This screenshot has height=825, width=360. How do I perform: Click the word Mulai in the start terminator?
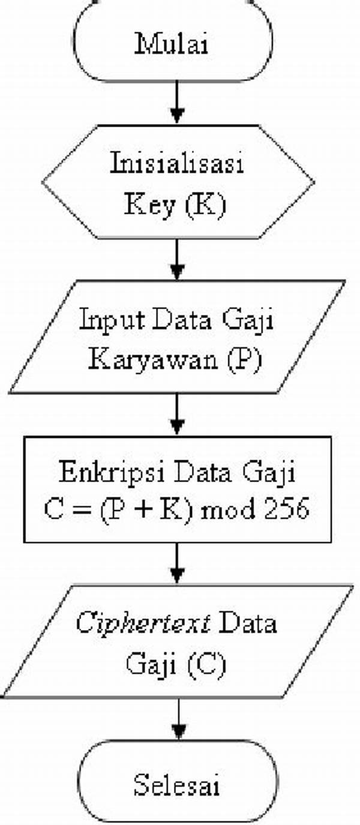172,44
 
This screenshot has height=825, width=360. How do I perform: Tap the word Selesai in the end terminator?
176,784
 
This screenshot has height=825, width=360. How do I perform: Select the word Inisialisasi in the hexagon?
177,163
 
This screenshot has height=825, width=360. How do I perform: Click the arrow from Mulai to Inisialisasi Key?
177,102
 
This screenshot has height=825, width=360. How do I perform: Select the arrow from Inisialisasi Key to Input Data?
177,259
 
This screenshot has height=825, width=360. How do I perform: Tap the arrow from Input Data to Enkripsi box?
177,415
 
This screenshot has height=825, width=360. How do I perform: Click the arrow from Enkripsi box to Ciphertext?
177,563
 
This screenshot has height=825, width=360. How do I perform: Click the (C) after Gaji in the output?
206,664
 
